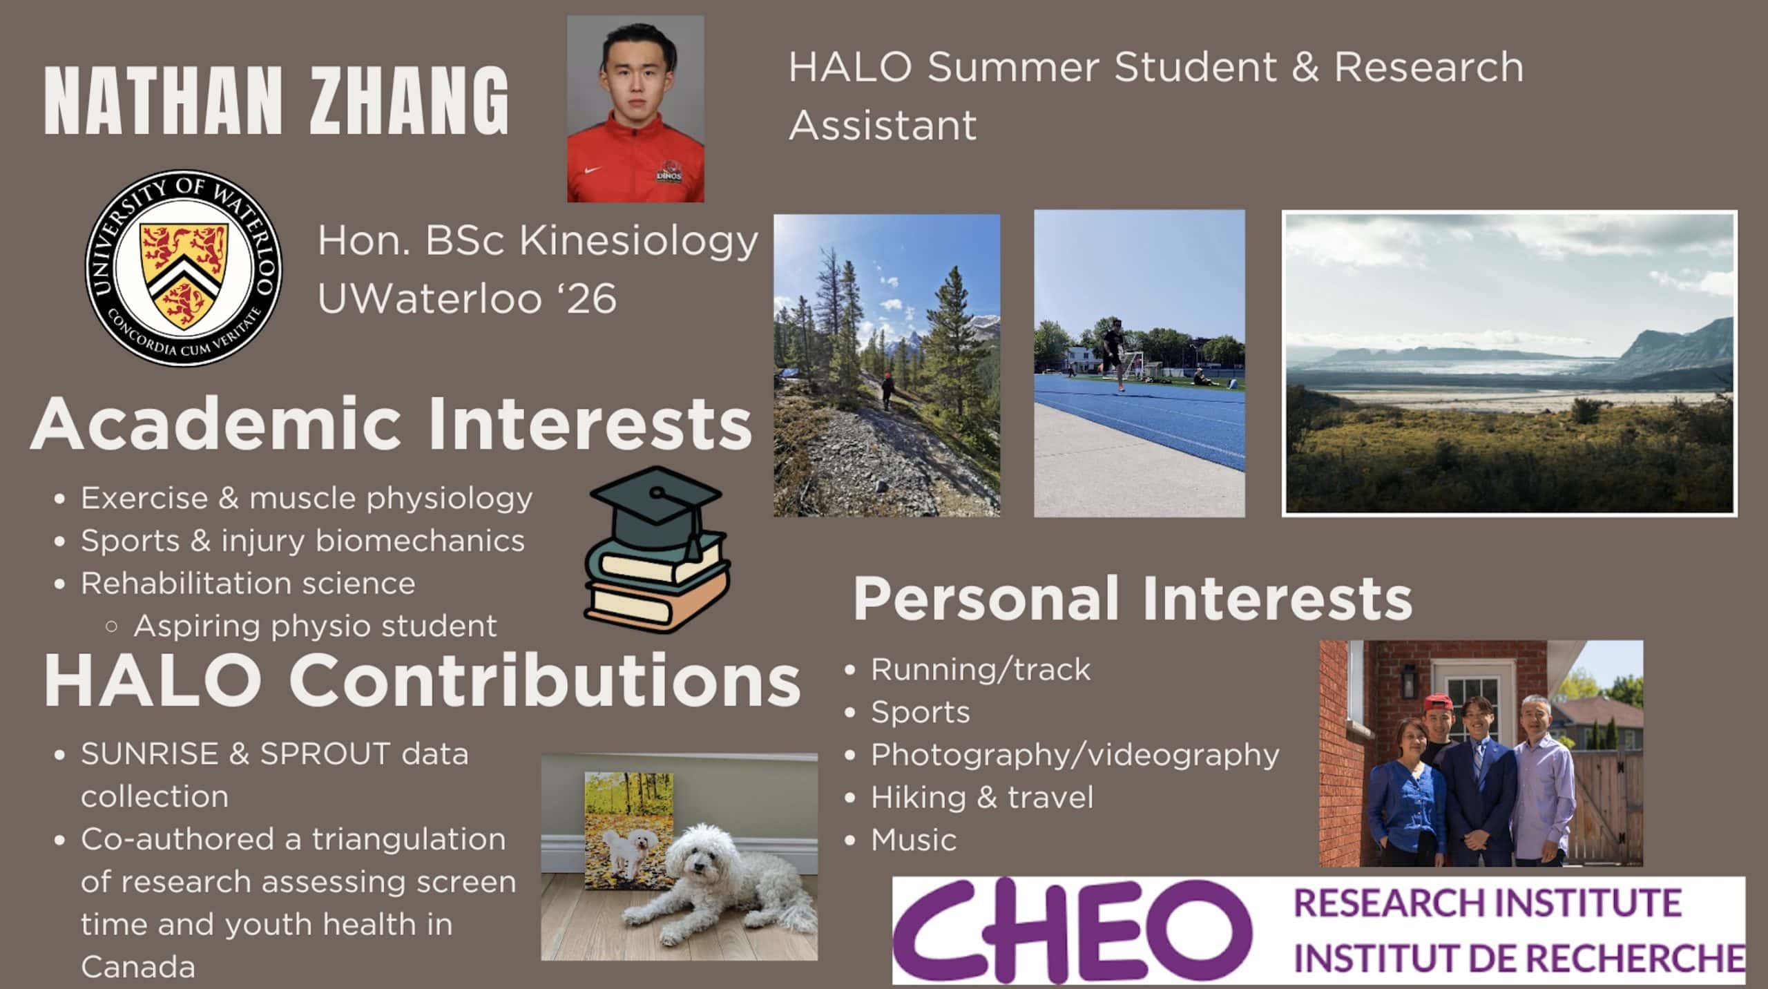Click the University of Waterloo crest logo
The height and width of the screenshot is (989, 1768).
[x=183, y=268]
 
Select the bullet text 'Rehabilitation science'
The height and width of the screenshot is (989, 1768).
[x=248, y=584]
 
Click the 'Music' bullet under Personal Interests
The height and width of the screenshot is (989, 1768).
[x=913, y=841]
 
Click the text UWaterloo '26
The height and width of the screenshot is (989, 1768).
[x=467, y=298]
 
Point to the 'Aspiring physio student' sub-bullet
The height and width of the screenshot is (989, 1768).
[x=315, y=626]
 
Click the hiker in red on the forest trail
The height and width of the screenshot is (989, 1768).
[x=886, y=391]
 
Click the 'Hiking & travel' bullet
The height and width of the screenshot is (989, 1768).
[x=982, y=798]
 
